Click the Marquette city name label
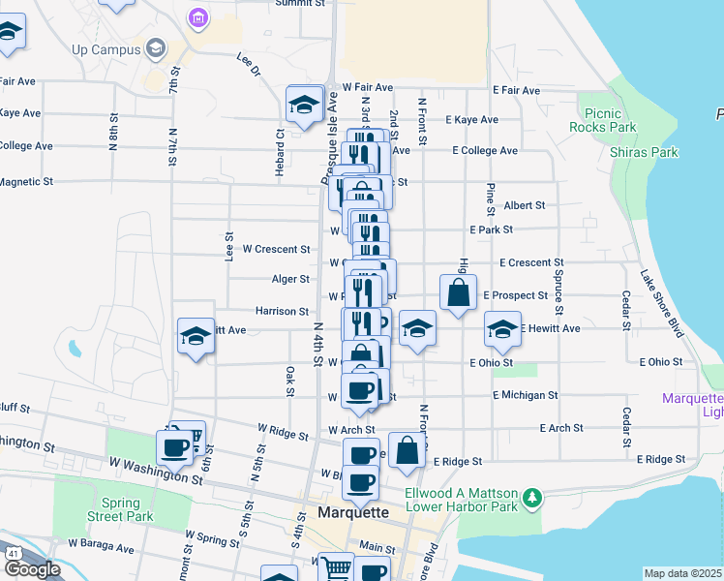point(353,512)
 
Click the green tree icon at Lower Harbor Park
point(531,499)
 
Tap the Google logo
point(32,569)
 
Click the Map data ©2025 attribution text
point(683,573)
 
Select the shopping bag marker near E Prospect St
point(458,293)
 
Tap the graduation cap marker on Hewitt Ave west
point(196,336)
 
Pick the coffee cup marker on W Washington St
point(175,448)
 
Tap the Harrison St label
point(281,312)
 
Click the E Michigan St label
point(525,395)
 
